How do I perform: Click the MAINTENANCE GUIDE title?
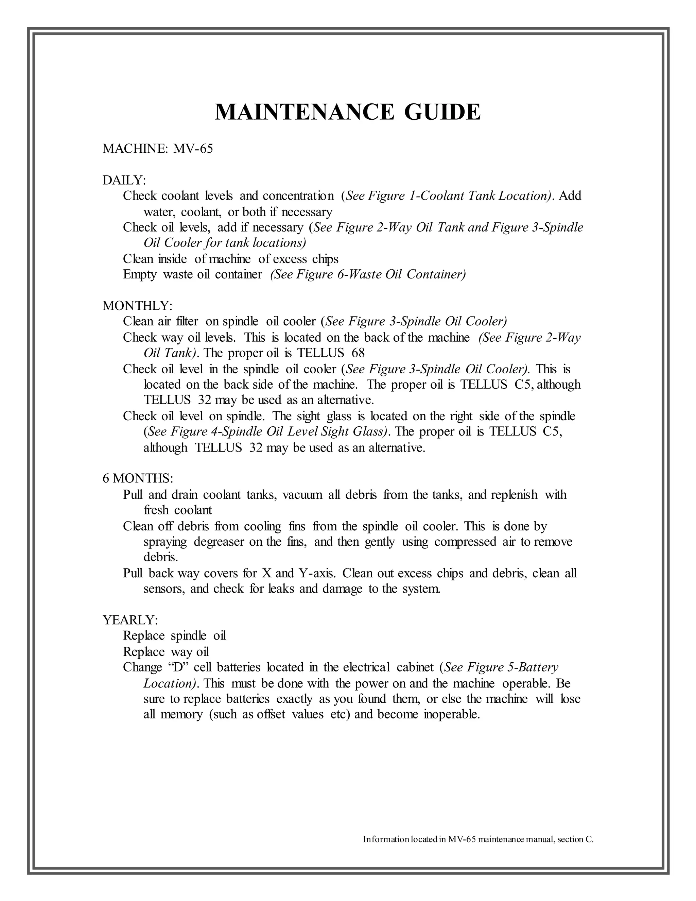click(348, 112)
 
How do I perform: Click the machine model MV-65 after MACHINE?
click(193, 149)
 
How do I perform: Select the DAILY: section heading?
click(124, 180)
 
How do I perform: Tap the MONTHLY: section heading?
click(137, 306)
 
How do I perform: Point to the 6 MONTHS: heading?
click(138, 479)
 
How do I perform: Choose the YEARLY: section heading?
click(130, 620)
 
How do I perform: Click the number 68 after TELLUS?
click(358, 353)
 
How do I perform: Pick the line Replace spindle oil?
click(174, 636)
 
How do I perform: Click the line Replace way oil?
click(166, 652)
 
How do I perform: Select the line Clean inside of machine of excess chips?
click(230, 259)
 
